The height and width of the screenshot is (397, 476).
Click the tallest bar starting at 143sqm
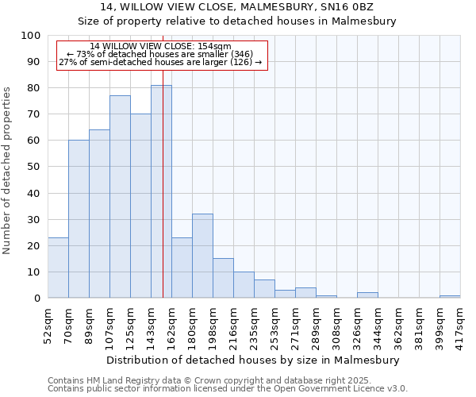[161, 191]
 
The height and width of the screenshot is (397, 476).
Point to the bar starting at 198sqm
[223, 278]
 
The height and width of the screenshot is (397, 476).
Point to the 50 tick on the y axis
[33, 167]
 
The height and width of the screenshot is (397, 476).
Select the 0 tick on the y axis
[36, 298]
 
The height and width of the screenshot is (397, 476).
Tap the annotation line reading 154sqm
[161, 47]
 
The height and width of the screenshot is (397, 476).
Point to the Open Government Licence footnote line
[228, 389]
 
